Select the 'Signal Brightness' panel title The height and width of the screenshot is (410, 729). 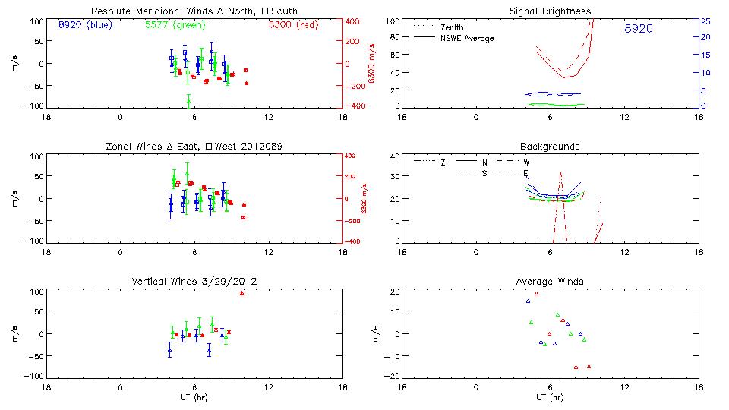551,11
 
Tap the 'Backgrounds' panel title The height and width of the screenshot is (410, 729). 550,146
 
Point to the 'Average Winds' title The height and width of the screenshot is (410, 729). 551,282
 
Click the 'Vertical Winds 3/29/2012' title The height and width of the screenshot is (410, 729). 194,282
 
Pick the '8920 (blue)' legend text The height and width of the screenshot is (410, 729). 84,25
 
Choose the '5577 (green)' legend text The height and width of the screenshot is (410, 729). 174,25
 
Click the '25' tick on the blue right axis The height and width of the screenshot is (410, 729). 705,20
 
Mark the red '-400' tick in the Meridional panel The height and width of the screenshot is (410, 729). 355,106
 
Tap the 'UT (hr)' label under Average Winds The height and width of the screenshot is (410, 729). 550,397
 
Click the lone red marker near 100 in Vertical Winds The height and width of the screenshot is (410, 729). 241,293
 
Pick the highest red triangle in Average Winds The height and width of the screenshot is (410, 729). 536,293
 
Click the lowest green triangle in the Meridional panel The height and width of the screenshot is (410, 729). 188,101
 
